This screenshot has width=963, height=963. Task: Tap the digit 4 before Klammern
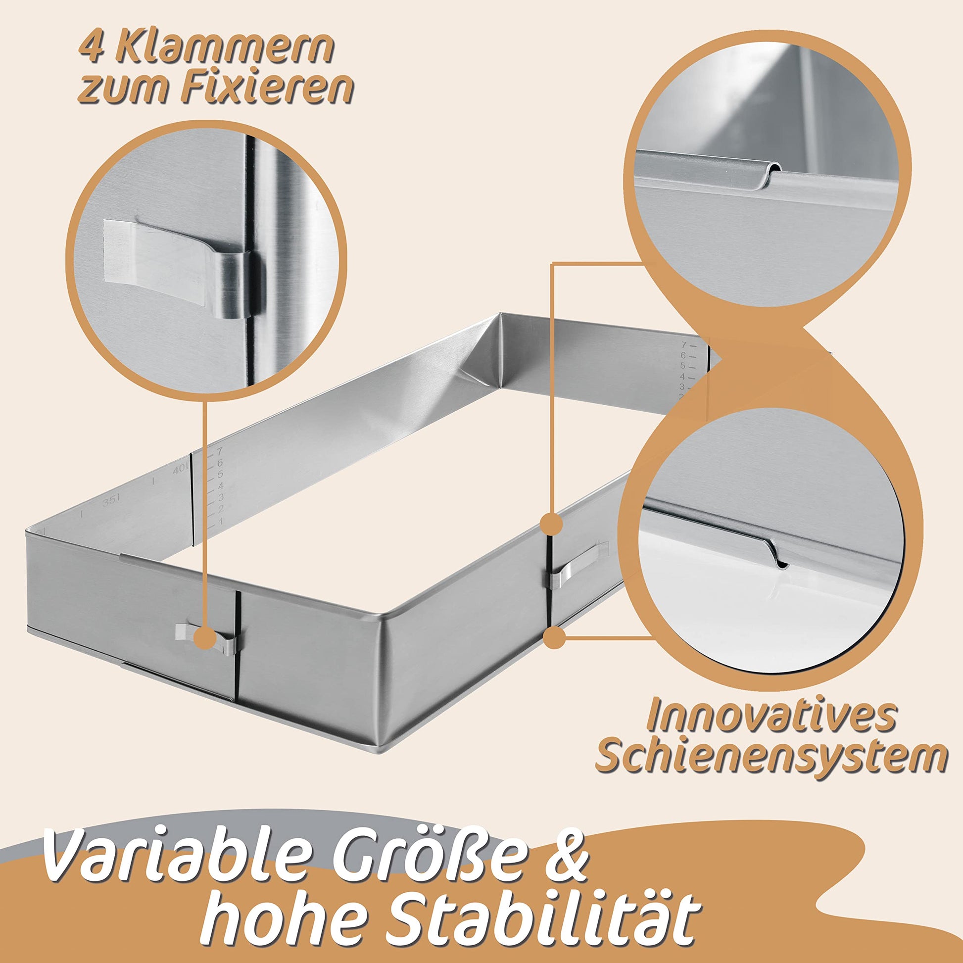pos(93,48)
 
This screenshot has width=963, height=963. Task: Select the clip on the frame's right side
pos(578,565)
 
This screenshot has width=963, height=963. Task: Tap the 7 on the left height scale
pos(218,452)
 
